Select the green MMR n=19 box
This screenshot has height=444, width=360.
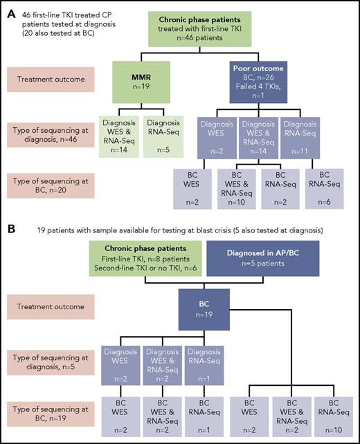tap(146, 80)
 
